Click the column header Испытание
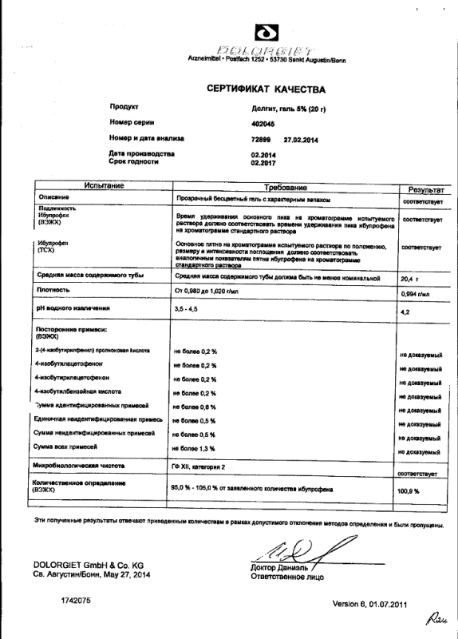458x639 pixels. [x=98, y=185]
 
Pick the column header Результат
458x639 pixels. [x=424, y=189]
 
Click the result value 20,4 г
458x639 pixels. [x=407, y=278]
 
